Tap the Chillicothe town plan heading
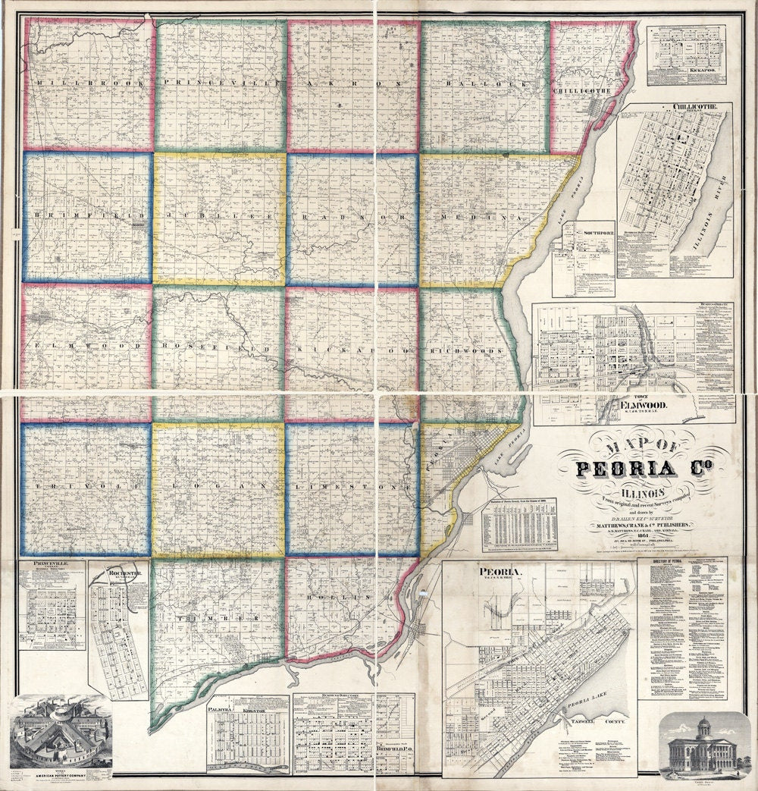click(x=674, y=108)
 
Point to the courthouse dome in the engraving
click(x=703, y=724)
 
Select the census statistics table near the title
click(x=519, y=526)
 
